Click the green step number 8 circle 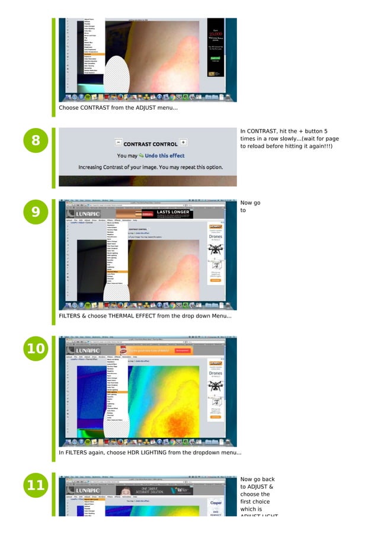coord(36,141)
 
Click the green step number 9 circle coord(36,212)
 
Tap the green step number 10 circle coord(36,348)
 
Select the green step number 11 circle coord(36,486)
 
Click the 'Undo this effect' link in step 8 coord(164,156)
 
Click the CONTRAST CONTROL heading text coord(150,144)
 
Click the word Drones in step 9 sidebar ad coord(216,237)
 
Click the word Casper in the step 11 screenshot coord(216,502)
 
